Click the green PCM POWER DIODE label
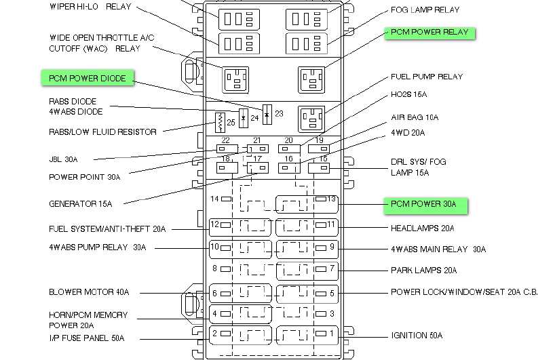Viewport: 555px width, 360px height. tap(88, 79)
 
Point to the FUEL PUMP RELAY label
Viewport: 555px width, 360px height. tap(427, 77)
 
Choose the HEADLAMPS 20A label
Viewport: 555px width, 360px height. tap(422, 228)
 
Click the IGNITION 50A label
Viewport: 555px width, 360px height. tap(417, 336)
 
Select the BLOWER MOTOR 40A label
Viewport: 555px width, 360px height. tap(89, 293)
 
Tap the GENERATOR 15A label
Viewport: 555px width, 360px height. tap(81, 204)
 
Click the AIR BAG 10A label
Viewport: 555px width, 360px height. tap(415, 118)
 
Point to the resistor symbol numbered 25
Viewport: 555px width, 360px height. tap(220, 123)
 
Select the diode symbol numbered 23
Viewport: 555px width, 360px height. tap(267, 115)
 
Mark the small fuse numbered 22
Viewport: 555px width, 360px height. tap(226, 148)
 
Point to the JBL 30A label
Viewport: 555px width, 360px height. tap(63, 160)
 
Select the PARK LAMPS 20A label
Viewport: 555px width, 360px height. tap(423, 271)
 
